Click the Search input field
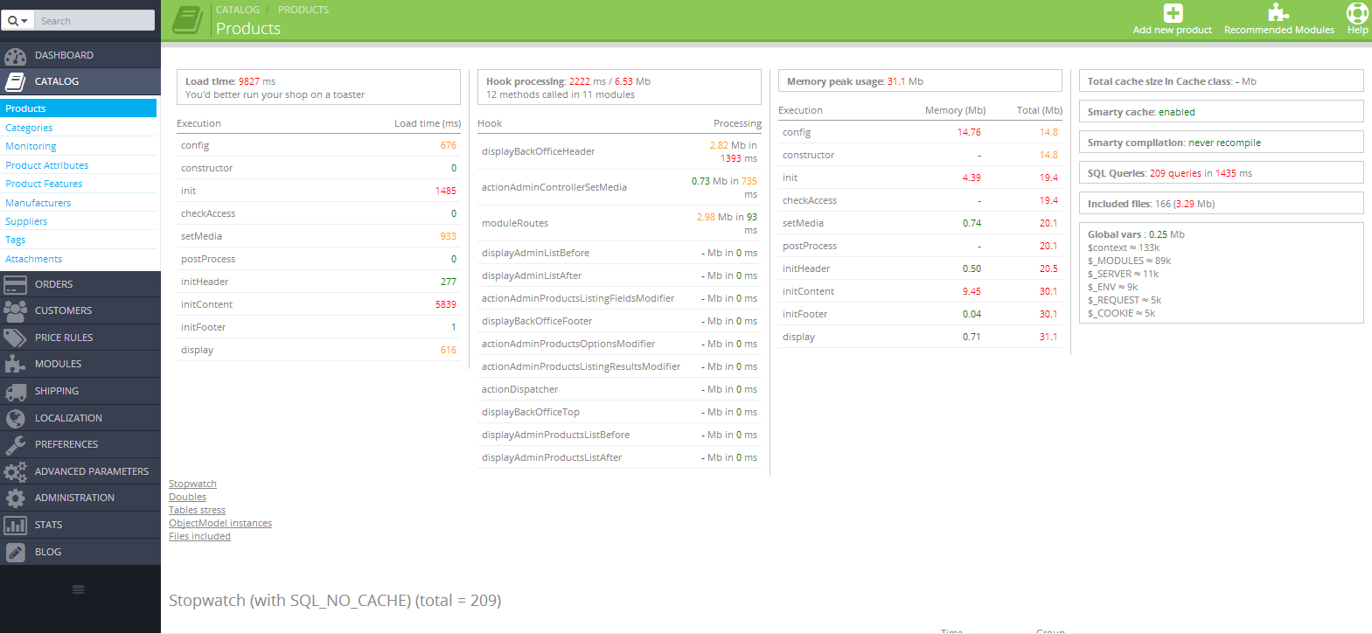coord(94,20)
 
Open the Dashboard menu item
coord(64,55)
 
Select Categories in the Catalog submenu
coord(29,128)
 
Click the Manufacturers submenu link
coord(38,203)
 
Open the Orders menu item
coord(53,284)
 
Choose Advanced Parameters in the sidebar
coord(91,471)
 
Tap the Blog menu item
coord(48,552)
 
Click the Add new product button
coord(1172,19)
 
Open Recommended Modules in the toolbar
coord(1278,19)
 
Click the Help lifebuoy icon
coord(1357,14)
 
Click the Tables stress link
coord(197,510)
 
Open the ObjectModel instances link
coord(220,523)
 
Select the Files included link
coord(199,536)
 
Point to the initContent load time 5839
coord(445,304)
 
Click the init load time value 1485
coord(445,191)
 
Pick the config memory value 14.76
coord(969,133)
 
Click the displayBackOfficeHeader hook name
coord(538,151)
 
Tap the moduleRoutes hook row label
coord(515,223)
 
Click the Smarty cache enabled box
coord(1220,112)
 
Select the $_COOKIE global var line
coord(1121,313)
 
